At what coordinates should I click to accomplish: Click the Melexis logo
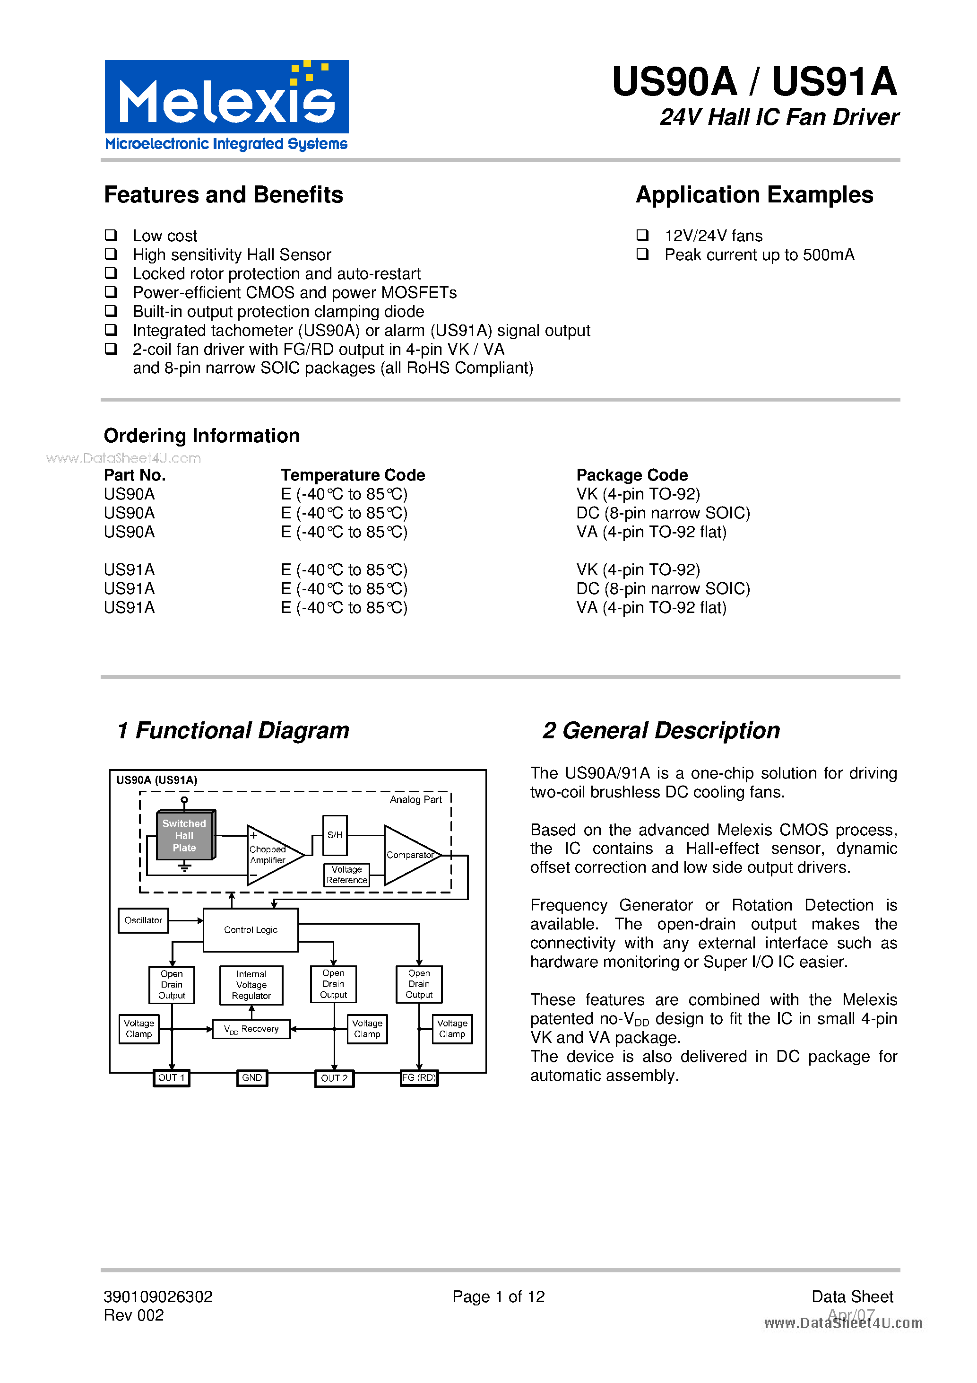(x=226, y=105)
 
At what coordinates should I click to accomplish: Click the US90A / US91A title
(x=754, y=82)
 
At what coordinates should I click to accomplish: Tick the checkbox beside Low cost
(x=111, y=235)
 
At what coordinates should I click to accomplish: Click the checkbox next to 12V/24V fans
(x=642, y=235)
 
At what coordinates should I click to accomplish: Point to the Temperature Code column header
(x=353, y=475)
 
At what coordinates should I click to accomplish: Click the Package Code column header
(x=631, y=475)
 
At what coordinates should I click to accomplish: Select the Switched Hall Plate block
(x=185, y=835)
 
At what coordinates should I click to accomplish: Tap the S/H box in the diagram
(x=335, y=835)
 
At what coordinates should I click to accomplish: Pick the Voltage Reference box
(x=347, y=875)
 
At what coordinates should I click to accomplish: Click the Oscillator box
(x=143, y=920)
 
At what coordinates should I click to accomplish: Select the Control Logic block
(x=251, y=929)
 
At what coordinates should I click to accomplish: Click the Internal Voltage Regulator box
(x=251, y=985)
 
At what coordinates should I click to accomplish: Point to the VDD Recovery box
(x=251, y=1029)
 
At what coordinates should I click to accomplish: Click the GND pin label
(x=251, y=1077)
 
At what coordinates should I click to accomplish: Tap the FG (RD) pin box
(x=419, y=1077)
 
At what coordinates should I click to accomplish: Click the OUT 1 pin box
(x=172, y=1077)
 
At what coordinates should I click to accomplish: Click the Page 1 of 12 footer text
(x=499, y=1296)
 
